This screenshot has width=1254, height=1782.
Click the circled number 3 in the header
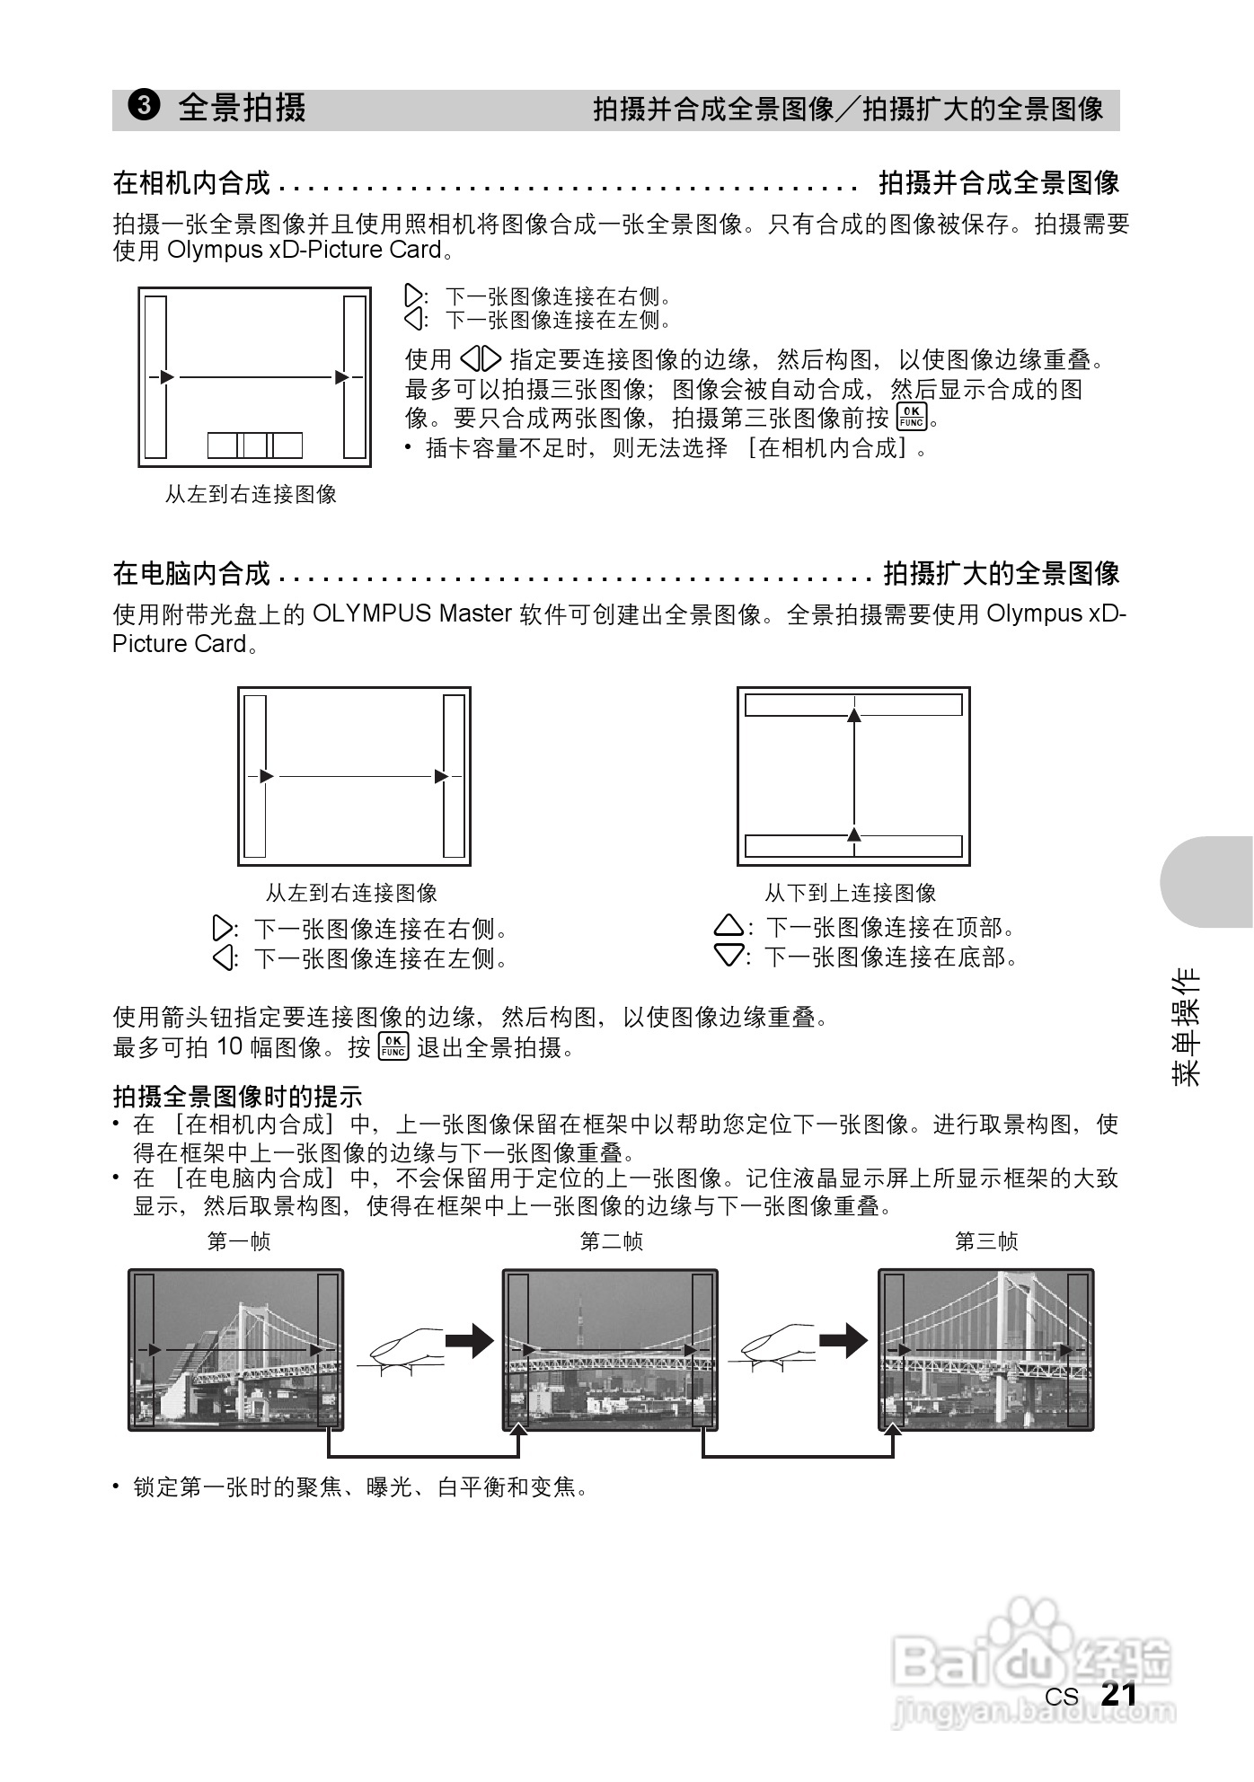tap(144, 107)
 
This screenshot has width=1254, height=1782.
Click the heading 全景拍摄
tap(242, 108)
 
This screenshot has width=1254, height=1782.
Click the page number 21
tap(1118, 1694)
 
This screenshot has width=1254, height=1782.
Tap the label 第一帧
tap(238, 1241)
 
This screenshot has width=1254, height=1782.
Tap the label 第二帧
tap(611, 1241)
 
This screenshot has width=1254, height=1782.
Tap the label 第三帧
tap(985, 1241)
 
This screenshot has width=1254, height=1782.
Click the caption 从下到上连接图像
tap(850, 893)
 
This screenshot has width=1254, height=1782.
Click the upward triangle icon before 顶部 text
tap(729, 926)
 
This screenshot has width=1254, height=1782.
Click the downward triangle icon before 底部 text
tap(729, 956)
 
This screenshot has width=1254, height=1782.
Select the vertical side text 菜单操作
tap(1187, 1027)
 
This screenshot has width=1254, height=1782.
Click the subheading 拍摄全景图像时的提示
tap(237, 1096)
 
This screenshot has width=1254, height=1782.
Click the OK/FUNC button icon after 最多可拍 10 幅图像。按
tap(393, 1046)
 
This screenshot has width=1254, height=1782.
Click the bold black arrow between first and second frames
tap(471, 1342)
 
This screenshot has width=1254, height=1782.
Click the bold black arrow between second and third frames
tap(843, 1342)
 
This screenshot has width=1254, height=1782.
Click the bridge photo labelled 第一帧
tap(235, 1349)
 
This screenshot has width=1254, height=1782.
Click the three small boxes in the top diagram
tap(255, 445)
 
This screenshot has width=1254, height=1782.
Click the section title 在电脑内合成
tap(191, 573)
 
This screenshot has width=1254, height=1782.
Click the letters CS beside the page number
tap(1061, 1697)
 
